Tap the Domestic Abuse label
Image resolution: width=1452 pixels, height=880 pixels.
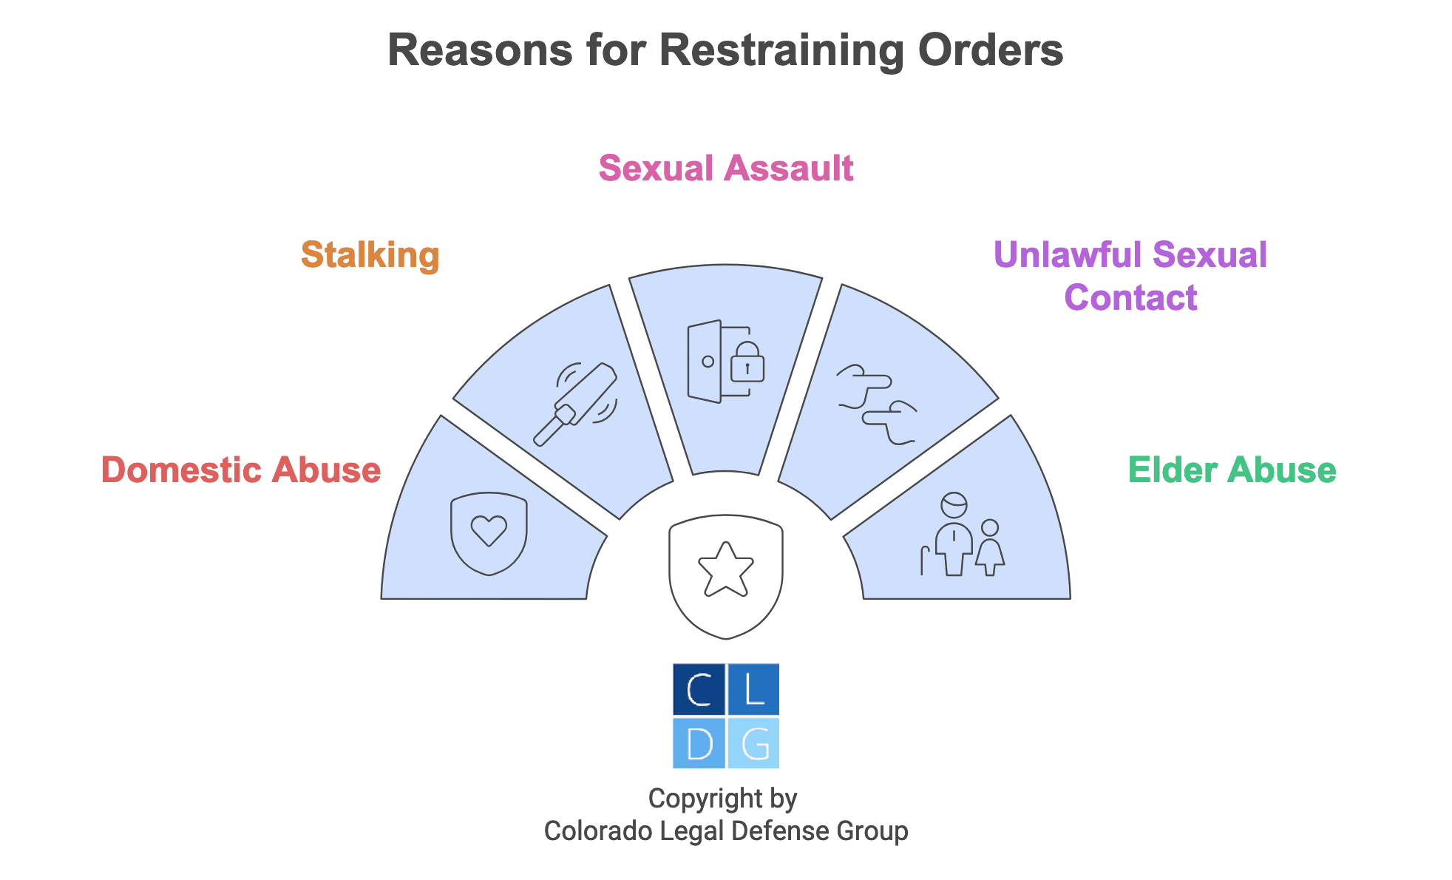click(241, 470)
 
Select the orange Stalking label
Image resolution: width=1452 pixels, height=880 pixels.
click(370, 255)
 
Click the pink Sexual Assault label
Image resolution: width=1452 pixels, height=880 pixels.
click(726, 169)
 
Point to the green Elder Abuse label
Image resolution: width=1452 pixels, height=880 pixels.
click(1232, 470)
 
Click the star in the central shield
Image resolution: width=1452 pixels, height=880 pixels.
click(726, 569)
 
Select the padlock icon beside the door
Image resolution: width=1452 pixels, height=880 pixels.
click(747, 361)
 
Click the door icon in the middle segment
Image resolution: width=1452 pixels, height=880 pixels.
click(705, 362)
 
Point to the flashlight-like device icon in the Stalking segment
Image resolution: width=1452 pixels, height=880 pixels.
click(575, 404)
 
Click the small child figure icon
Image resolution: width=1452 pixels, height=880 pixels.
click(990, 548)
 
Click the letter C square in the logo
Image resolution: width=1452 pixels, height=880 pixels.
click(699, 689)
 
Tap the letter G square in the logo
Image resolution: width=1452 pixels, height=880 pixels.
click(753, 743)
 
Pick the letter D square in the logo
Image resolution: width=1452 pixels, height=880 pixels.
click(699, 743)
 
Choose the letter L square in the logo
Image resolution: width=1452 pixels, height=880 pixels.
click(753, 689)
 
